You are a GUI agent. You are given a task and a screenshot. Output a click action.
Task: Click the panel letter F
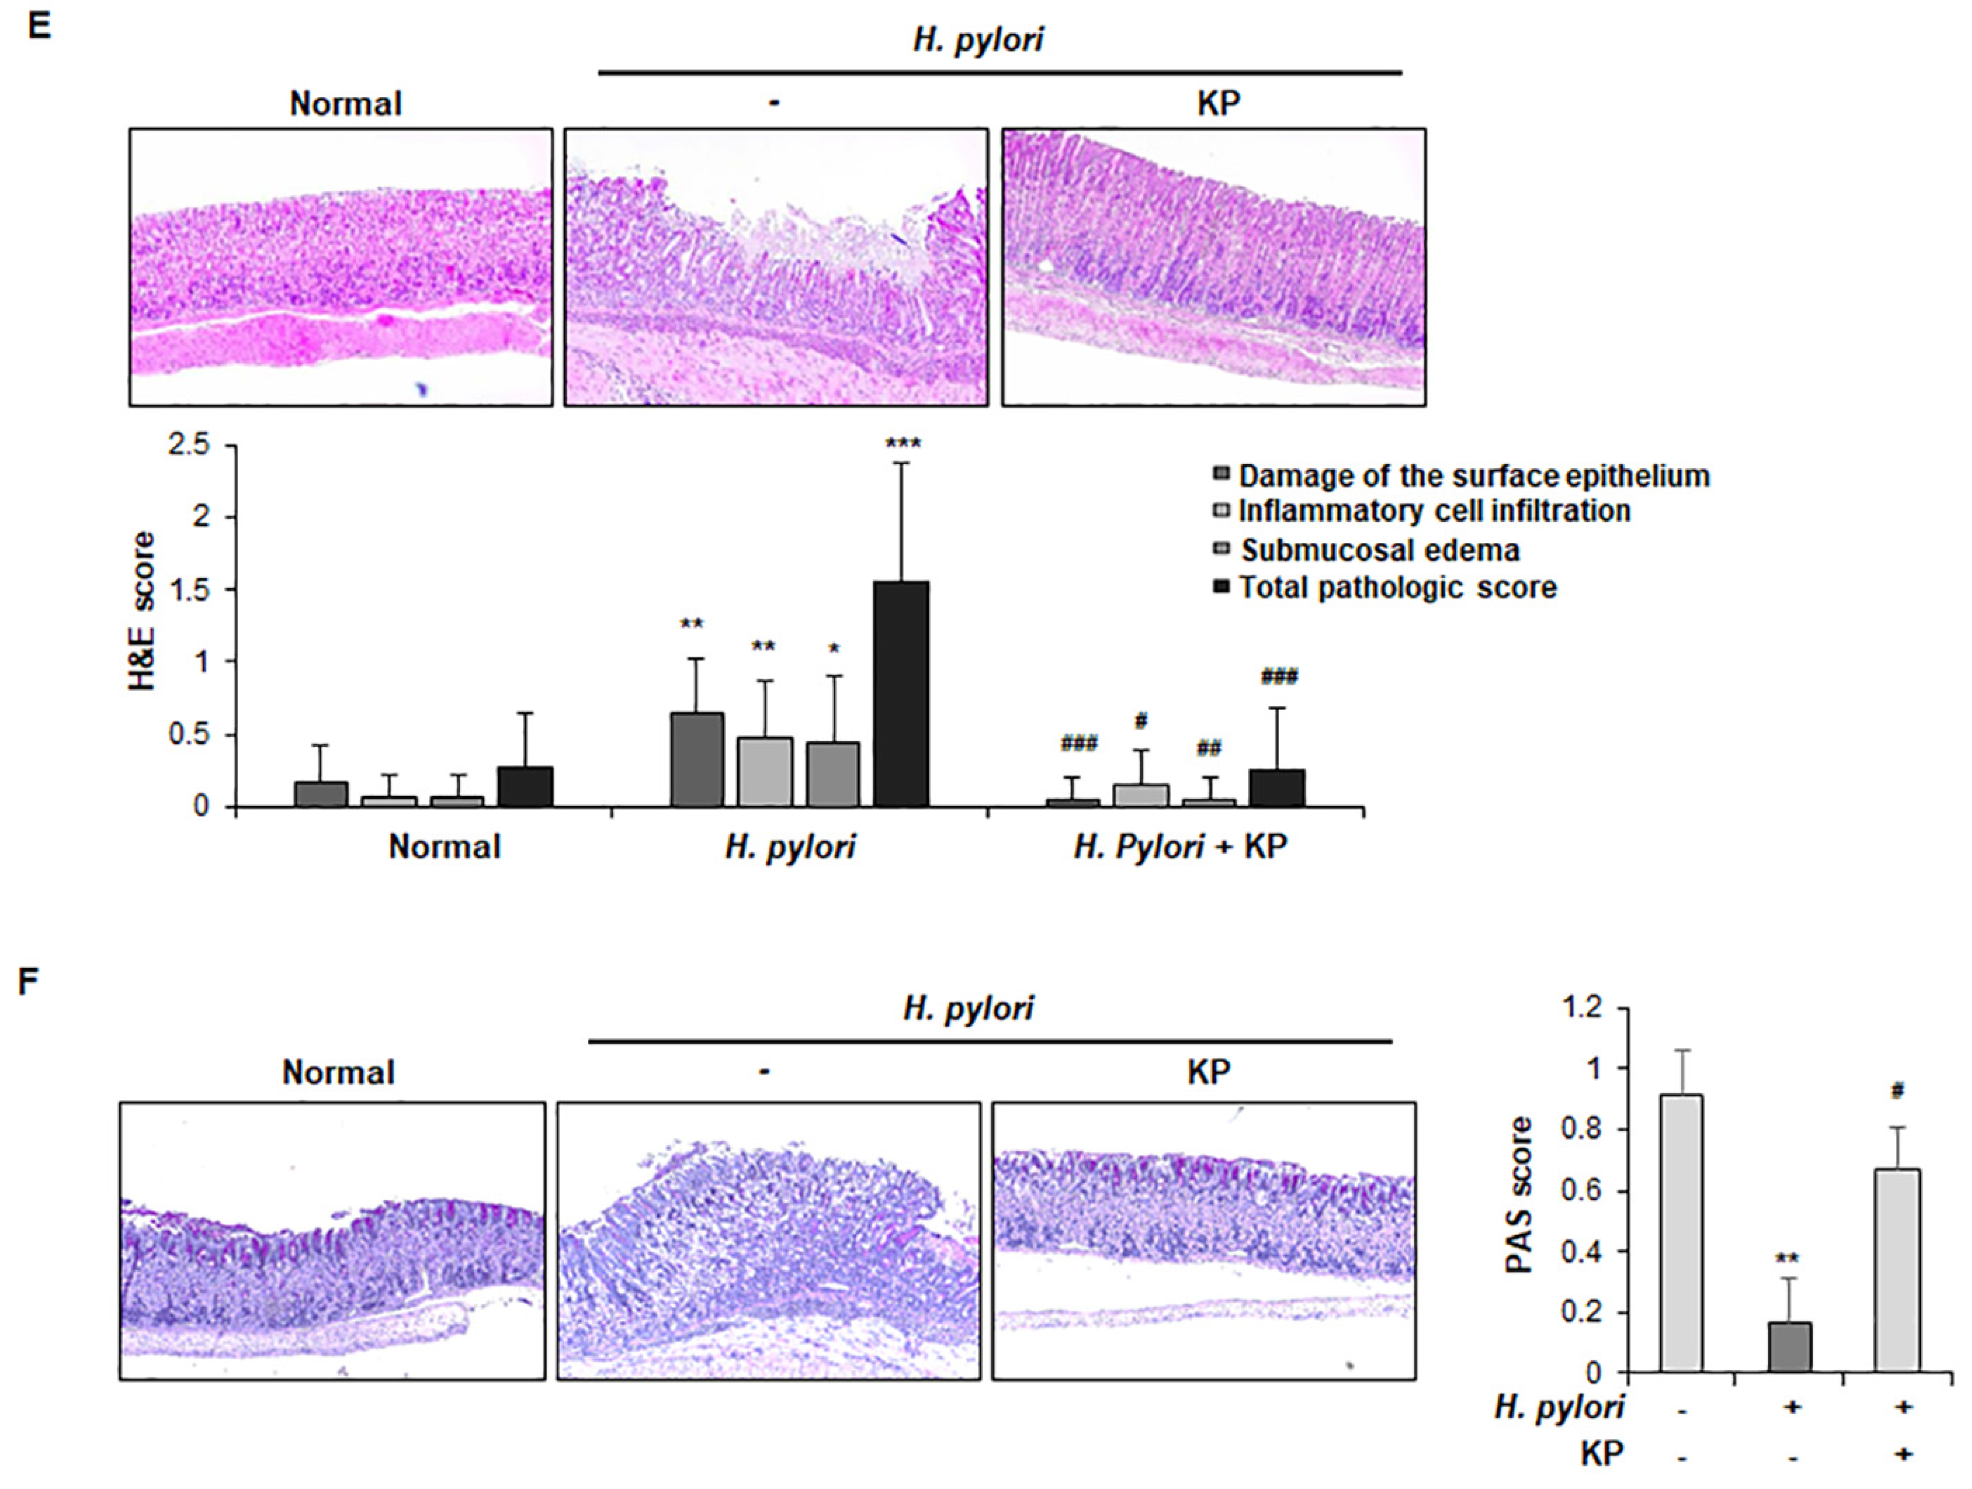pyautogui.click(x=29, y=983)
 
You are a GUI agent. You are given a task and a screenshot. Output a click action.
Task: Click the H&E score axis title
pyautogui.click(x=143, y=612)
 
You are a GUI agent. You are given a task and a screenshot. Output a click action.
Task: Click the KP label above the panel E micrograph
pyautogui.click(x=1218, y=104)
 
